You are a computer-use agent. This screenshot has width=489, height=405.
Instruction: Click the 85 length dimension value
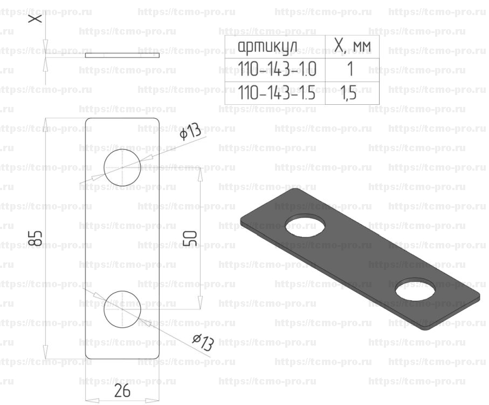click(36, 238)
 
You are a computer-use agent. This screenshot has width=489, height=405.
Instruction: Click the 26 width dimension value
click(122, 390)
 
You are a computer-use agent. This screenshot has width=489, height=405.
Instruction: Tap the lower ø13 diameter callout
click(203, 342)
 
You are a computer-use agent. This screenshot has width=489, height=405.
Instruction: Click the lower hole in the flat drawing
click(122, 309)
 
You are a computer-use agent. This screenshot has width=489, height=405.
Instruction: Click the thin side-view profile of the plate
click(122, 55)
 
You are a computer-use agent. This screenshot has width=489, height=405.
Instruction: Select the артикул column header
click(267, 46)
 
